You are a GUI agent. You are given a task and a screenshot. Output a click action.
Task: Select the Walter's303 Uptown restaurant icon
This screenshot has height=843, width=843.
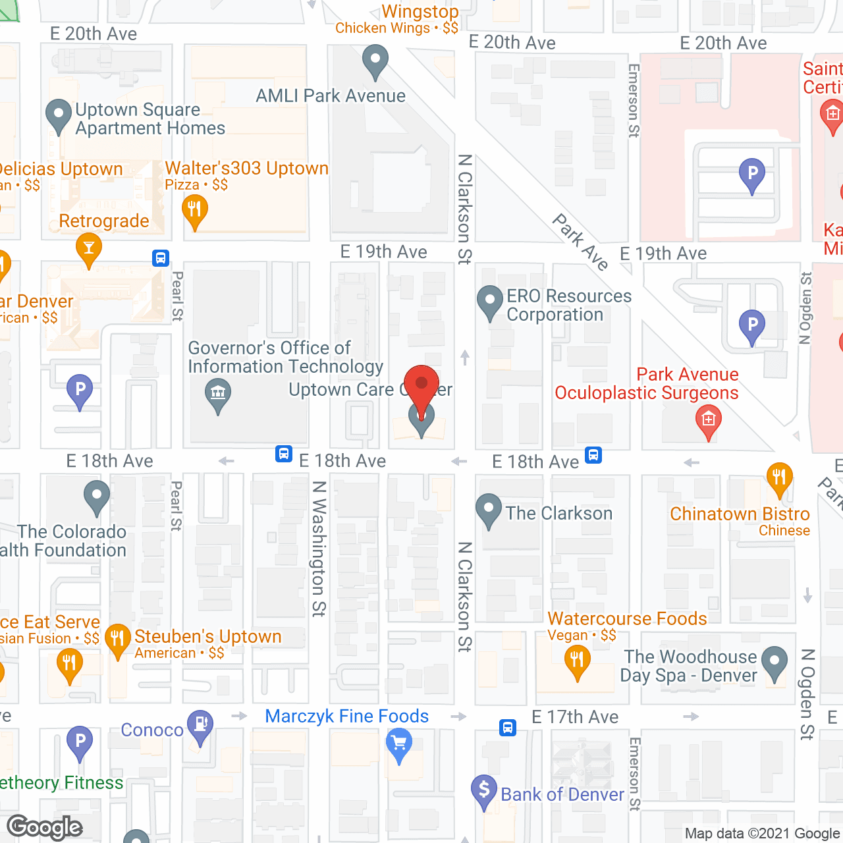point(194,211)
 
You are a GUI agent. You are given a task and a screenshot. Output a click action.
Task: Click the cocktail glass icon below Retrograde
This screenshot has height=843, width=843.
point(89,249)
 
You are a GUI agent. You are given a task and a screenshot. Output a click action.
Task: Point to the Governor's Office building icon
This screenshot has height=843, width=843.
point(218,394)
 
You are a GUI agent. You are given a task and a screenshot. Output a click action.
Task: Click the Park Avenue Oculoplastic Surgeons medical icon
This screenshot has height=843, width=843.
point(709,420)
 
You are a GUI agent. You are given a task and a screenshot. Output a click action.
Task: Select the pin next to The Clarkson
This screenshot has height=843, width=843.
point(488,510)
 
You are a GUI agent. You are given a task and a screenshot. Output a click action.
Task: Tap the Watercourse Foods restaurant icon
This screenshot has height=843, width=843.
point(578,659)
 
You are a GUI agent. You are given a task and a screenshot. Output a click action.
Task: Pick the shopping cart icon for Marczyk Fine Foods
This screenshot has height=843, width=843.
point(398,745)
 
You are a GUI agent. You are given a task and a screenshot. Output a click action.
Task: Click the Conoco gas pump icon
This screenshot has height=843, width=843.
point(200,724)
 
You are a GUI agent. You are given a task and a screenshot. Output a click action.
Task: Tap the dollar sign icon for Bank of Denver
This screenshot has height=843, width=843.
point(484,790)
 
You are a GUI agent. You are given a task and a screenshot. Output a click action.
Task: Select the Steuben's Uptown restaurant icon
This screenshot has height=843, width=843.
point(118,639)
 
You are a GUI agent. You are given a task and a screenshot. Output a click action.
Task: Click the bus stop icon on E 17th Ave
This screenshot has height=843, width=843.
point(507,727)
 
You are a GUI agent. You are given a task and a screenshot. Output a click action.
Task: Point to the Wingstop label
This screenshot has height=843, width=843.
point(420,12)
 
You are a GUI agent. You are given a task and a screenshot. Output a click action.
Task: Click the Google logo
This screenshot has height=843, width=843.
point(45,827)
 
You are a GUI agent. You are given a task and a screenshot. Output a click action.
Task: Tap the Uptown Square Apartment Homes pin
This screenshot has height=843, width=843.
point(59,115)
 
